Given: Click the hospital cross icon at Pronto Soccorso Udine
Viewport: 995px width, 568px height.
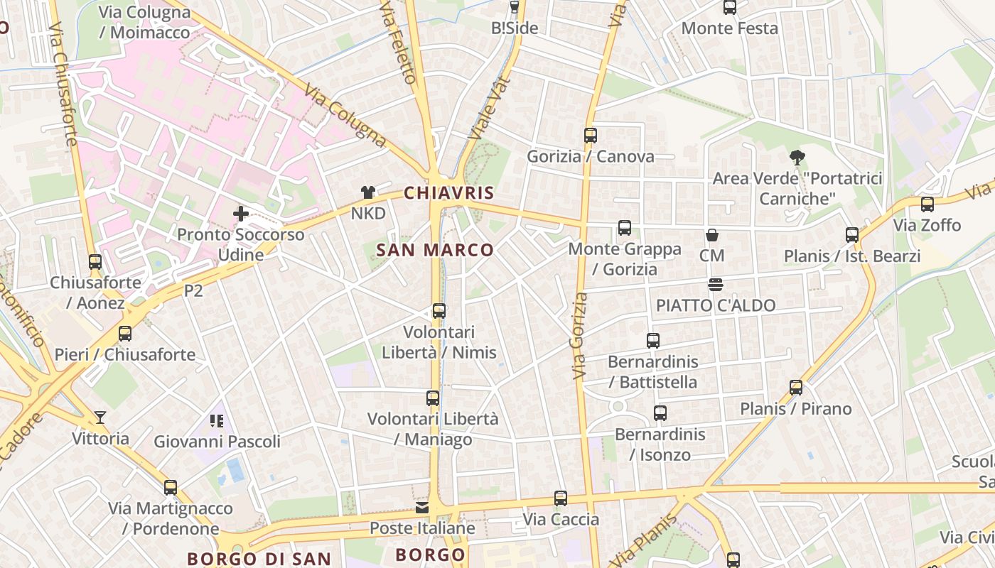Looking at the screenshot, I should point(241,213).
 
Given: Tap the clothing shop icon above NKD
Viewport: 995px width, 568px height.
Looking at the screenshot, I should point(367,192).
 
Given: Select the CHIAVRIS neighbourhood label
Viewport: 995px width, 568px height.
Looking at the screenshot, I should point(448,193).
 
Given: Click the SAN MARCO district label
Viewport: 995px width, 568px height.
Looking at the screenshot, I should point(434,250).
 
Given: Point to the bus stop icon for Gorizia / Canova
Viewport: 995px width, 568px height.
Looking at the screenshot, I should point(590,136).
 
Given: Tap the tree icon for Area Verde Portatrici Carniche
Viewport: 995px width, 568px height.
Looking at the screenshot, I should point(797,158).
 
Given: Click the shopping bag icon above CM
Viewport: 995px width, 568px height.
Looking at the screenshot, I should point(711,235).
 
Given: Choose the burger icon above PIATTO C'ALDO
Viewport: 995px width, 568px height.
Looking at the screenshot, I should point(715,285).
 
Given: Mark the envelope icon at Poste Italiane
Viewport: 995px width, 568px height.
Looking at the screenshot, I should point(422,508).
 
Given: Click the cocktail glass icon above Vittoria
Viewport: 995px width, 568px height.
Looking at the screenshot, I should point(100,417).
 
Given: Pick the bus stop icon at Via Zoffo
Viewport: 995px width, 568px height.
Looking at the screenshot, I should point(927,204).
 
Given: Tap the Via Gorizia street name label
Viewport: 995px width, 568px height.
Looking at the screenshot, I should point(581,336).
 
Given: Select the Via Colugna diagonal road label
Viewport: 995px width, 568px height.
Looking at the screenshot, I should point(345,116).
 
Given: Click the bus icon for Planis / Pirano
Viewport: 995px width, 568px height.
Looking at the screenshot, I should point(796,388).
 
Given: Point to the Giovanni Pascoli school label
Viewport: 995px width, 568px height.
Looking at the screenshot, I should point(217,442).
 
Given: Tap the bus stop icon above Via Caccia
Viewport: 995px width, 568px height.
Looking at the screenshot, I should point(561,498).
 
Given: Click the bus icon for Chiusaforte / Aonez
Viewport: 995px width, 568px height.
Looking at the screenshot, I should point(95,262).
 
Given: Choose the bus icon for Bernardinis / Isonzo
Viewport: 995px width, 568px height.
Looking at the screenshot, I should point(660,413).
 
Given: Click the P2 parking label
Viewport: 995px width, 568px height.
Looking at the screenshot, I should point(193,291).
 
